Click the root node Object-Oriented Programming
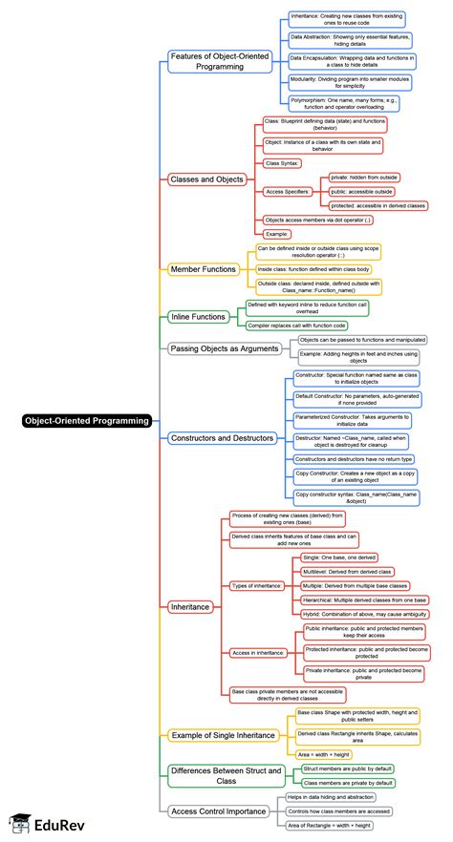(x=87, y=419)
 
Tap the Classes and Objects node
(x=207, y=179)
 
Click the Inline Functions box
(x=199, y=316)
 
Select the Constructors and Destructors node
(x=222, y=438)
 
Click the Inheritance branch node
(x=189, y=606)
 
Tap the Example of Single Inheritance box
(x=223, y=735)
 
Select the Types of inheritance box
(x=257, y=585)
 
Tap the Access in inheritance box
(x=258, y=652)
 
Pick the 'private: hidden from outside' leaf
(x=363, y=178)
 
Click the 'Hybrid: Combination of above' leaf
(x=363, y=614)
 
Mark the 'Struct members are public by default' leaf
(x=347, y=768)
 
